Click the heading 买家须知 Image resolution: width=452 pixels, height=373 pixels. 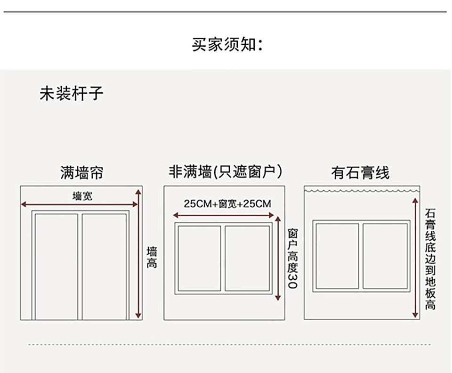coord(226,45)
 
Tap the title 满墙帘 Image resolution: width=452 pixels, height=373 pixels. coord(81,173)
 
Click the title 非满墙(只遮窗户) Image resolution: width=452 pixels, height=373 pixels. coord(226,172)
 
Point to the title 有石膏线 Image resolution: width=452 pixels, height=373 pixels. coord(360,173)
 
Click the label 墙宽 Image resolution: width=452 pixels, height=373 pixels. coord(82,195)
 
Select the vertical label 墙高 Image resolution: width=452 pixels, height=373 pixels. coord(152,257)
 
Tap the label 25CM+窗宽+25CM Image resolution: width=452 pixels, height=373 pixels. coord(227,204)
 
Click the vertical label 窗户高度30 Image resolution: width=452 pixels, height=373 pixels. coord(292,259)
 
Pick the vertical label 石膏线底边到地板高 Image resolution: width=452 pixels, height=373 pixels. coord(430,259)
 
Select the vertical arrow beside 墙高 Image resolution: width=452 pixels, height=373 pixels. coord(138,254)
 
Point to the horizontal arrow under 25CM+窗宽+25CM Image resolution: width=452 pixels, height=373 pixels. coord(224,215)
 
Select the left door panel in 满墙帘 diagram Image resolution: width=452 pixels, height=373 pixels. coord(56,266)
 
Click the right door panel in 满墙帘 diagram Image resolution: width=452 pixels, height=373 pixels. coord(105,266)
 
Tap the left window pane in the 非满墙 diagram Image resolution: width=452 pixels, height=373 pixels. coord(199,258)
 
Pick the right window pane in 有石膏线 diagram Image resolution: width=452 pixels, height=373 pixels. coord(385,256)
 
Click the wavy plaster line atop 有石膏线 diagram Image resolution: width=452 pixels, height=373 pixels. coord(361,190)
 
